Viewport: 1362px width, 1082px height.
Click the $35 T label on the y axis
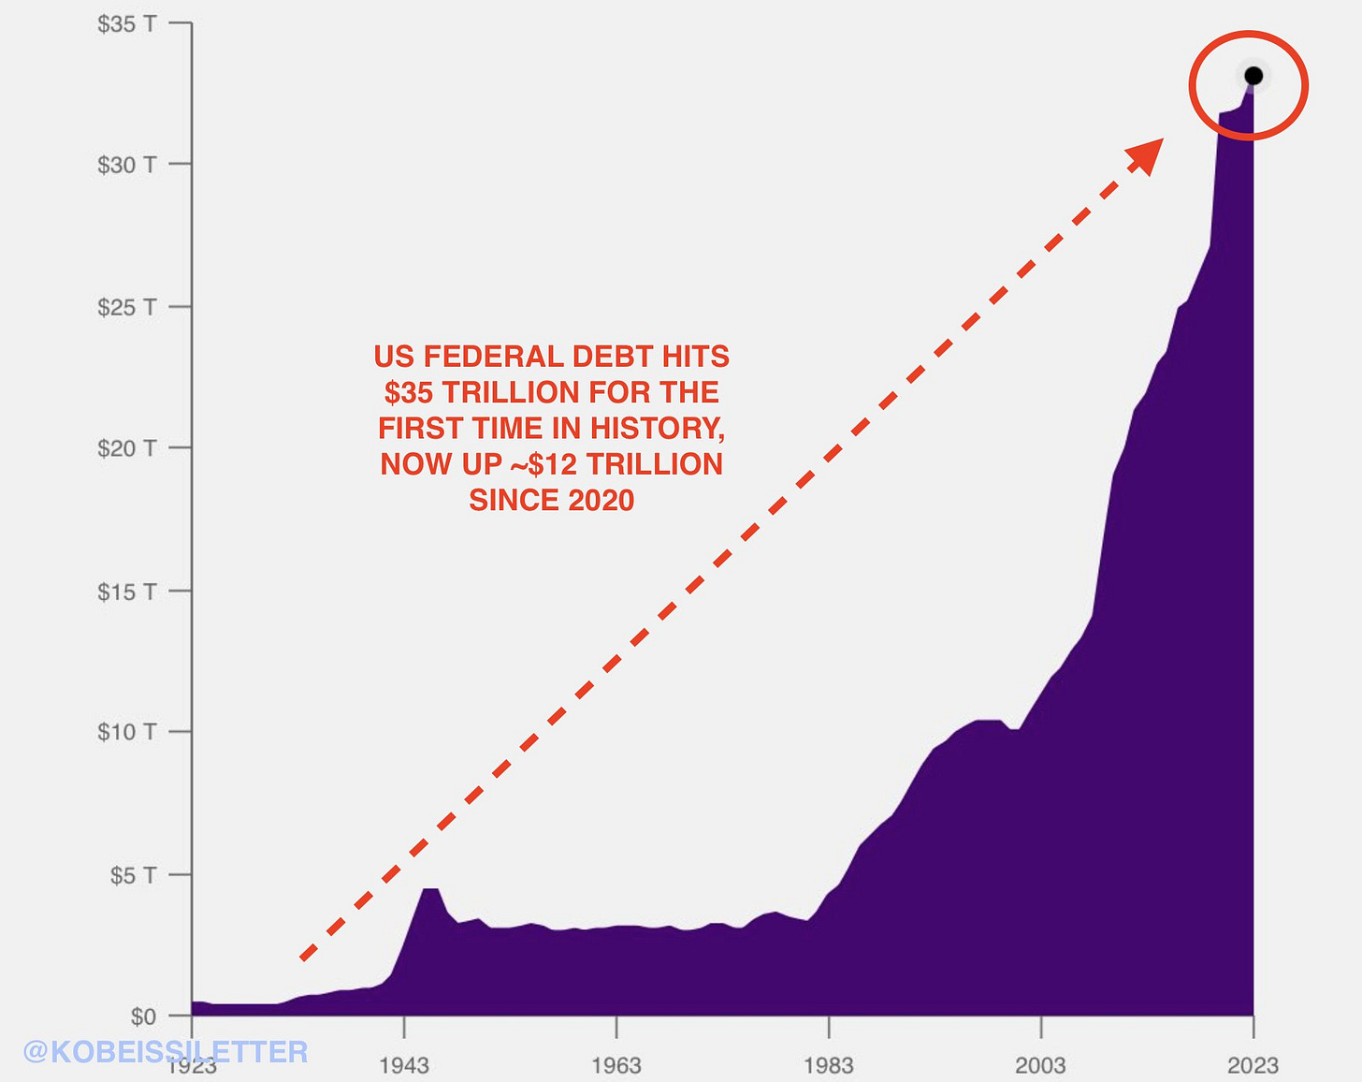126,24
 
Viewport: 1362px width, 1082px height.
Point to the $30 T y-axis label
126,165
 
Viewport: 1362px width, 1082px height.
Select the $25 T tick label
126,307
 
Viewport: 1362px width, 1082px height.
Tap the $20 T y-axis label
126,448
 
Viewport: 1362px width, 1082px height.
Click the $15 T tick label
126,592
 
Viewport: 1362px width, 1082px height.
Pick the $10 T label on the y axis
126,732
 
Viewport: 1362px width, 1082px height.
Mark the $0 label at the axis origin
143,1016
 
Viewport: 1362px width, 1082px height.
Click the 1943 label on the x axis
404,1065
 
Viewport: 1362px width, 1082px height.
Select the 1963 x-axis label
616,1065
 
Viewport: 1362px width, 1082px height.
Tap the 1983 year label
829,1065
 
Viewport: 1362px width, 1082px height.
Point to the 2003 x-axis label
1041,1065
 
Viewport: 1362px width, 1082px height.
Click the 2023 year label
1253,1065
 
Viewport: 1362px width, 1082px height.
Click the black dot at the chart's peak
1253,76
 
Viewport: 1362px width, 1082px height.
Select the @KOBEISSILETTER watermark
165,1051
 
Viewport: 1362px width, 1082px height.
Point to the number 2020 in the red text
599,501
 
